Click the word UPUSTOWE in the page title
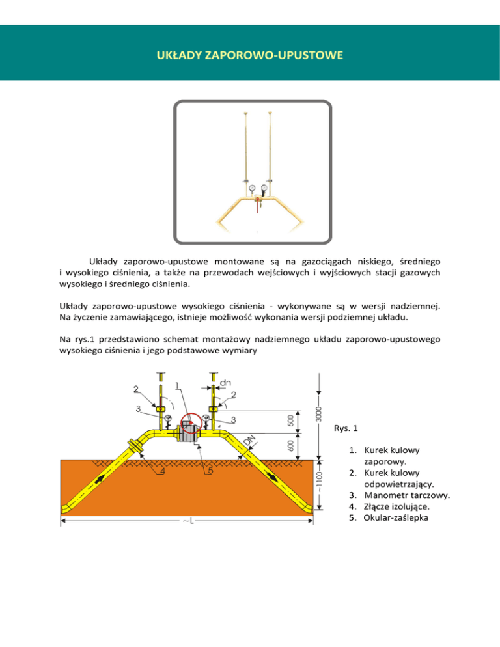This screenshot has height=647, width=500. pyautogui.click(x=306, y=57)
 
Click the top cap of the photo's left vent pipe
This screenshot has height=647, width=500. pyautogui.click(x=246, y=113)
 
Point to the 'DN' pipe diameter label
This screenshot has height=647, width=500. pyautogui.click(x=249, y=442)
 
